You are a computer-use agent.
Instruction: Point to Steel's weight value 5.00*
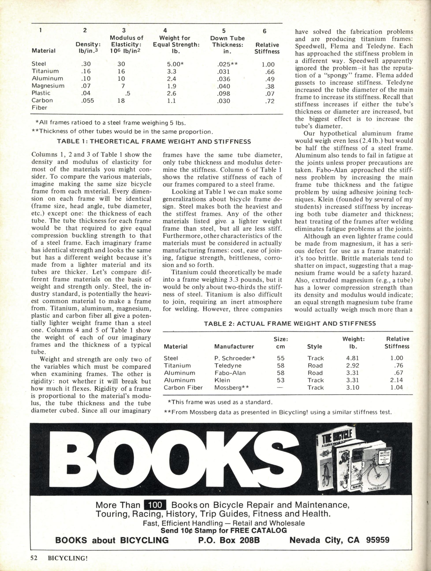[175, 64]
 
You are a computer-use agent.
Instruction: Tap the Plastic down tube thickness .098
[223, 93]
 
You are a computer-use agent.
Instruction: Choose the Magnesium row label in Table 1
[48, 86]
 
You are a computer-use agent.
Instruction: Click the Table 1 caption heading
[154, 142]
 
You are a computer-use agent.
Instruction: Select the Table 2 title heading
[290, 323]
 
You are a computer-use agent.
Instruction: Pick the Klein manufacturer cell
[222, 380]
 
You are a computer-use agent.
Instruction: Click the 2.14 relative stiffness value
[396, 380]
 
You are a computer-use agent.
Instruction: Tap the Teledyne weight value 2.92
[353, 366]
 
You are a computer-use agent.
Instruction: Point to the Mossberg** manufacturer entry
[231, 388]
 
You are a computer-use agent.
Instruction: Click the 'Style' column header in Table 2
[315, 346]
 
